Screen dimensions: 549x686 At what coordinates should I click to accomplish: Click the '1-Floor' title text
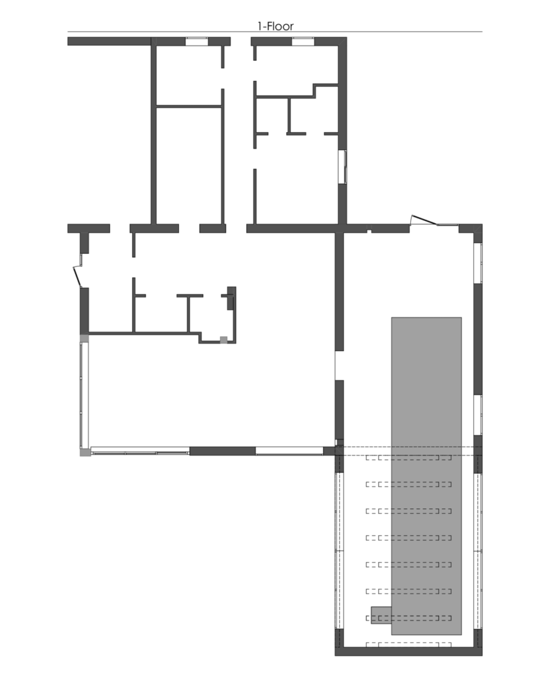point(275,26)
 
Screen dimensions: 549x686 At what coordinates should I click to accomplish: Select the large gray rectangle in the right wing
point(426,476)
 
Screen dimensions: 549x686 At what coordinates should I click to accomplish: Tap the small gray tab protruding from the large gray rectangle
point(381,615)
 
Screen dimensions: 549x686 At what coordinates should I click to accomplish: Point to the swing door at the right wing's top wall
point(424,220)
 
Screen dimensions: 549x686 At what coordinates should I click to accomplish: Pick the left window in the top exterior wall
point(196,42)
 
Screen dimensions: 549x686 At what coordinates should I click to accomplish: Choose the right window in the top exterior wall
point(303,42)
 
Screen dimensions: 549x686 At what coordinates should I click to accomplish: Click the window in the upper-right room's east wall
point(343,167)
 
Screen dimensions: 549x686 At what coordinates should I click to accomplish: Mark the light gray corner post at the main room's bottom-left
point(85,452)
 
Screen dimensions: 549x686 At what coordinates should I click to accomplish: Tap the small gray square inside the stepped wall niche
point(224,340)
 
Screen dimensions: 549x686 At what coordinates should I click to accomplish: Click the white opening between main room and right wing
point(339,365)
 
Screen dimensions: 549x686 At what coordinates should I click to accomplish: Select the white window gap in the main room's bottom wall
point(290,451)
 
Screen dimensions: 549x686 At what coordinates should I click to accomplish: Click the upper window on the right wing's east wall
point(478,263)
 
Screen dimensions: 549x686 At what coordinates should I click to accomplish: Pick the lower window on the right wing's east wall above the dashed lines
point(478,415)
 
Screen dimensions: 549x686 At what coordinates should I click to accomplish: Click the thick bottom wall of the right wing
point(408,651)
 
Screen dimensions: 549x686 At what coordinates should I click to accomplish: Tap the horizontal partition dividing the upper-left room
point(189,106)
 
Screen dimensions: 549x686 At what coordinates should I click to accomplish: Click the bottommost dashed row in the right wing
point(408,644)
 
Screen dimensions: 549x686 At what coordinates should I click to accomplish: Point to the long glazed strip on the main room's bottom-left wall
point(140,451)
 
